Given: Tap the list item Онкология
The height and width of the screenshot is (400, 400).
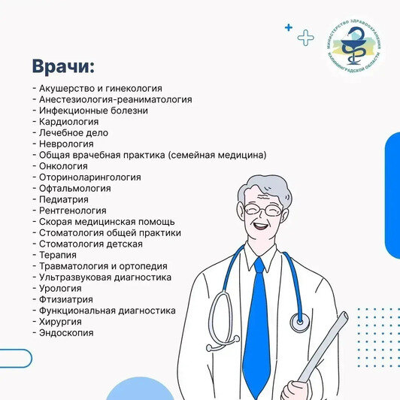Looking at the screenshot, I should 60,166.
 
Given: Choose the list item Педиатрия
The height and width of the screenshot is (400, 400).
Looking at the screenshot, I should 61,199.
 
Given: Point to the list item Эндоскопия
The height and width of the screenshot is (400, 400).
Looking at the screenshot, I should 63,332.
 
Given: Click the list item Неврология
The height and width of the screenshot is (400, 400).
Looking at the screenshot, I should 63,144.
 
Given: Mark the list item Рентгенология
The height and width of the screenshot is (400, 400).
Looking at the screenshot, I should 70,211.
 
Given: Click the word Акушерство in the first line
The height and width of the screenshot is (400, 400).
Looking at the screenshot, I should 63,88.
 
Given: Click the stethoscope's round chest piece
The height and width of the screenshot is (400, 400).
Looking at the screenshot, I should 299,323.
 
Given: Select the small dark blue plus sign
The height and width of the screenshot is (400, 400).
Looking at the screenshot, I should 288,27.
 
